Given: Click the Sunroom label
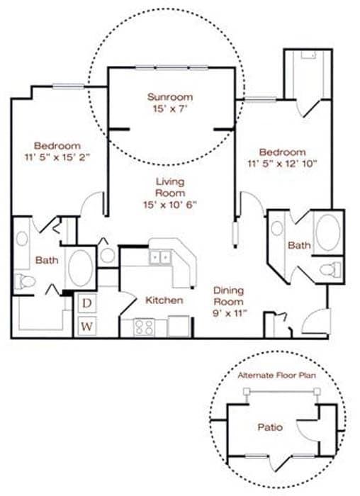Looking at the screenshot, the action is (x=170, y=97).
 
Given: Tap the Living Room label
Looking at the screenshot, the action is (x=170, y=187).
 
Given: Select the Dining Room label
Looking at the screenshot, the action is (x=228, y=295).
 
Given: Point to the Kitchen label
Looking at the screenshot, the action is (x=164, y=300).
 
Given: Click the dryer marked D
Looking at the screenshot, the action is (x=87, y=303).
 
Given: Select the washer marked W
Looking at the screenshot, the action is (x=87, y=326).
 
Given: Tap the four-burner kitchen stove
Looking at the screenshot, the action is (x=144, y=327).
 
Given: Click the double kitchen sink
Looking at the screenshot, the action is (x=160, y=257).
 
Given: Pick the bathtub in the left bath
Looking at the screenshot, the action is (x=80, y=269).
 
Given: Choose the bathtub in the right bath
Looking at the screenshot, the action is (x=328, y=232).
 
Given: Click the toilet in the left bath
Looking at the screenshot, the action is (x=25, y=281).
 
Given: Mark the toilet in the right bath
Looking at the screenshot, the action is (x=330, y=270).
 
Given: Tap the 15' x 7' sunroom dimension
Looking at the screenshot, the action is (x=170, y=109).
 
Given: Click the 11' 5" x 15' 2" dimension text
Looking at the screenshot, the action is (x=57, y=157).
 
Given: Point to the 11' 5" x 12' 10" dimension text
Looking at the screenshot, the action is (x=282, y=164).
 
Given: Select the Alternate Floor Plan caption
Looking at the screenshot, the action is (x=277, y=376).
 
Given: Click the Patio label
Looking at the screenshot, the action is (x=270, y=427).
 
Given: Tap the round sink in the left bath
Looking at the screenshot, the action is (x=22, y=239).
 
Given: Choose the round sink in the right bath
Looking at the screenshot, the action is (x=277, y=228).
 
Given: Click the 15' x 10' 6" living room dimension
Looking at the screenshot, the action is (x=170, y=205).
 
